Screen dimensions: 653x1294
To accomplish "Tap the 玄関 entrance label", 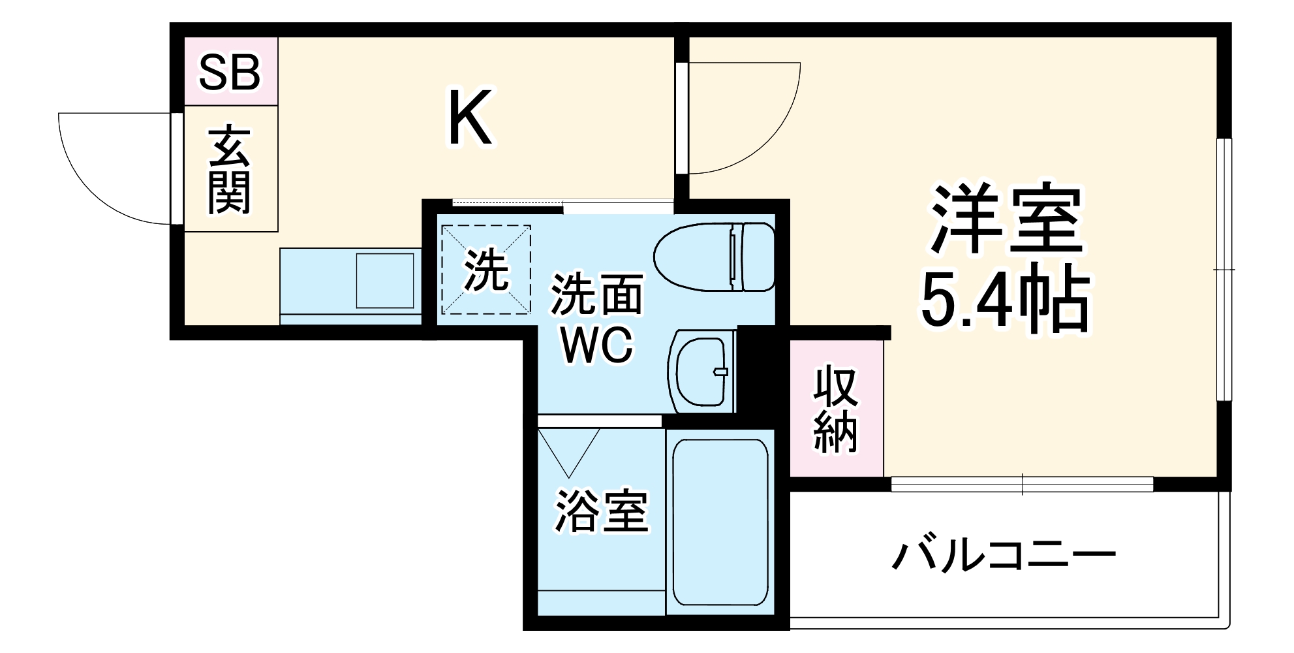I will point(229,171).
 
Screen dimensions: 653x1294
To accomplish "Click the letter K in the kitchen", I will point(469,119).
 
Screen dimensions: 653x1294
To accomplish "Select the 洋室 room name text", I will point(1006,219).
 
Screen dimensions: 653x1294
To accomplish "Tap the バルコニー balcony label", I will point(1004,556).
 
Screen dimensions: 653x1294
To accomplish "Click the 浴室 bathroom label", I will point(601,511).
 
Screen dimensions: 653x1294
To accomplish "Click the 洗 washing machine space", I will point(486,270).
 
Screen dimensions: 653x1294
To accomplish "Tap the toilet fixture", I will point(715,257).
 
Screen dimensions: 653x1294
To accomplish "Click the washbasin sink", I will point(701,372).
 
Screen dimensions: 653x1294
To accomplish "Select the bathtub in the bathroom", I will point(720,522).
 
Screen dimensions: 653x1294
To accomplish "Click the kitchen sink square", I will point(385,281).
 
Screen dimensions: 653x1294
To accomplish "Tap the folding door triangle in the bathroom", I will point(569,451).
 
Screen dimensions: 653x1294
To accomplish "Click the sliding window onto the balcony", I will point(1022,485).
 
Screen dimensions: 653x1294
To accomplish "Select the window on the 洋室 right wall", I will point(1225,269).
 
